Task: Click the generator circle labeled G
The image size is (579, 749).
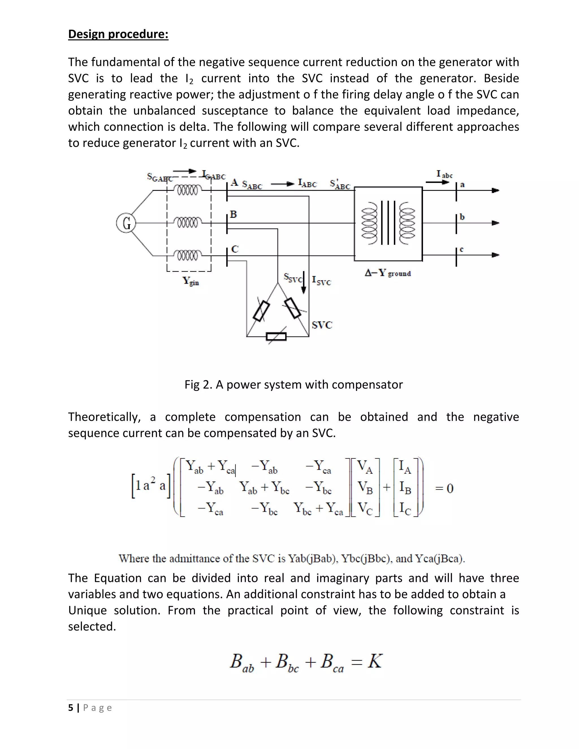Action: coord(126,223)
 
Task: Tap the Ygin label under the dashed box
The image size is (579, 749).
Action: coord(191,281)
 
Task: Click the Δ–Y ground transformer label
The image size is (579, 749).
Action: coord(388,273)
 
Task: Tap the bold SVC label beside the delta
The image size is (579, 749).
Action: coord(322,325)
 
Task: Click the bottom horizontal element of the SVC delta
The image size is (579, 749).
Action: coord(276,336)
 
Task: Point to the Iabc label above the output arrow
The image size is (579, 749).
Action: coord(444,174)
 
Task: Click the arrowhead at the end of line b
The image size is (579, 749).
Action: coord(495,223)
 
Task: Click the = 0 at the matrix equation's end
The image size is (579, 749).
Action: coord(444,488)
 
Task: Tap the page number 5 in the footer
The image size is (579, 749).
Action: coord(71,707)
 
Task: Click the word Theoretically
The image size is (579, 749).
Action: coord(104,417)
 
